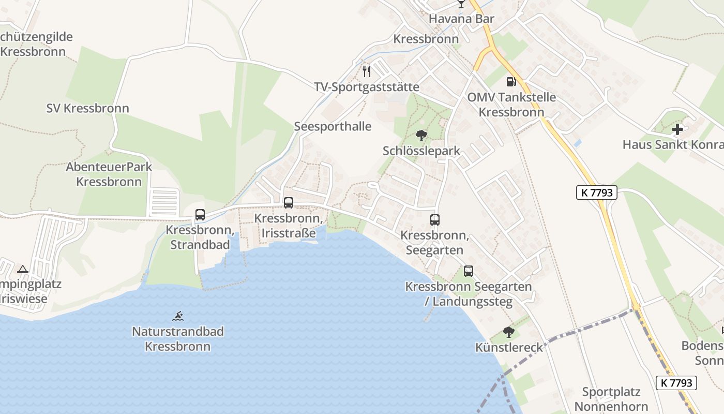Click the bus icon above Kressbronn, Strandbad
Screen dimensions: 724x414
[x=200, y=215]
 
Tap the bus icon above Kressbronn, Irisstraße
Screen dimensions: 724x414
[x=289, y=203]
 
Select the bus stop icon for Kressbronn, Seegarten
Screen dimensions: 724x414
[x=435, y=220]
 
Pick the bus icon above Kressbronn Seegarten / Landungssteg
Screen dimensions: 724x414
[x=469, y=271]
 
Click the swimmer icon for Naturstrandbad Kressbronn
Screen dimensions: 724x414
[x=178, y=316]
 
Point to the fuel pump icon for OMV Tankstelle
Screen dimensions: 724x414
[x=511, y=81]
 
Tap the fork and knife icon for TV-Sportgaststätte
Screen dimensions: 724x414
[x=367, y=71]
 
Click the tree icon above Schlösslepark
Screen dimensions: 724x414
[x=421, y=136]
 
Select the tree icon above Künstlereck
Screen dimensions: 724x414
[x=509, y=332]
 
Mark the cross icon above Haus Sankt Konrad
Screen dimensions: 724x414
[x=677, y=129]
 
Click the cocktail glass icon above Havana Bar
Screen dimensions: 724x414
[x=461, y=4]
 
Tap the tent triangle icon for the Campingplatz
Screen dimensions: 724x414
[x=22, y=269]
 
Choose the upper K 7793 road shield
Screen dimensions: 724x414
[x=597, y=193]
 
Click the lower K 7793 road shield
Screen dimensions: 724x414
[x=676, y=383]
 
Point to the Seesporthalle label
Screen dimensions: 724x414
[x=333, y=126]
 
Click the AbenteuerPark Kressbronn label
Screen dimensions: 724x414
[x=109, y=174]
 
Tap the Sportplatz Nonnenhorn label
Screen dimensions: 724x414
[x=611, y=399]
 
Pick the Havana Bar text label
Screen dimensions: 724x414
[x=462, y=19]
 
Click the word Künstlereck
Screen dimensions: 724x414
[x=509, y=347]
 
